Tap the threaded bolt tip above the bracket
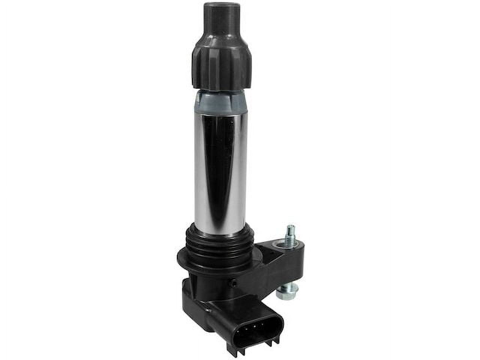pos(289,234)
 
